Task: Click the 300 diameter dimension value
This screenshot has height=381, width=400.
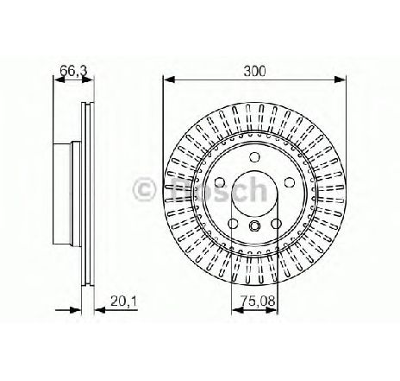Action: (x=254, y=71)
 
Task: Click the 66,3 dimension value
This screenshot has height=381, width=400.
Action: (x=73, y=71)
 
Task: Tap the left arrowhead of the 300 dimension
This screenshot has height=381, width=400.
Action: (x=169, y=79)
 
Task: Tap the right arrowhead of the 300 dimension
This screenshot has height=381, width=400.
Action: (x=340, y=79)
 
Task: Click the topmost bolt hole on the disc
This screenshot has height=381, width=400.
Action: (x=253, y=157)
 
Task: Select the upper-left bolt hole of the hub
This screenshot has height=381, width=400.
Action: (x=220, y=182)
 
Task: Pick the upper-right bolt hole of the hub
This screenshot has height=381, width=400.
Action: (x=289, y=182)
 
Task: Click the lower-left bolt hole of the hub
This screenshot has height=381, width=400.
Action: (x=233, y=223)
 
